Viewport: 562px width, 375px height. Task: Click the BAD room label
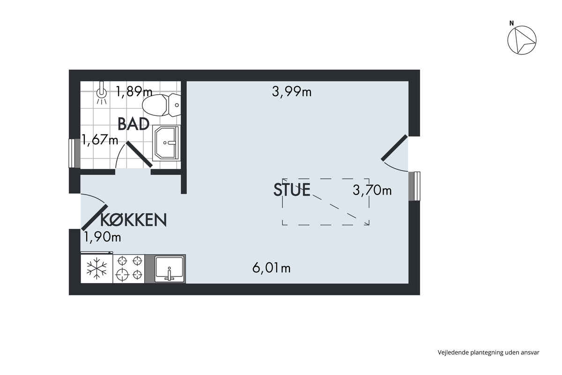point(133,124)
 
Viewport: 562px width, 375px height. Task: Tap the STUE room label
point(292,190)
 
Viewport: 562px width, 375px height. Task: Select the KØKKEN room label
point(133,220)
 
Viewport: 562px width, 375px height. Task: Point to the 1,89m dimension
point(134,91)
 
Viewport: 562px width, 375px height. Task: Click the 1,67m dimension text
point(100,140)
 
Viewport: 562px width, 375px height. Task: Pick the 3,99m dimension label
point(291,92)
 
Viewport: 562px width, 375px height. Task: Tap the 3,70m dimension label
point(372,190)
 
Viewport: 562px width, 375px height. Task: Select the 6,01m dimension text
point(272,268)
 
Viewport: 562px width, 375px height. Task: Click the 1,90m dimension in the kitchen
point(102,237)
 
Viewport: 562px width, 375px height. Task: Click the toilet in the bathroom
point(161,105)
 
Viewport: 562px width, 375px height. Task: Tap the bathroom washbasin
point(166,143)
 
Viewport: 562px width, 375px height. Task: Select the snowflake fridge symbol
point(96,269)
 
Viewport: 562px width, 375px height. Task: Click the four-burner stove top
point(129,269)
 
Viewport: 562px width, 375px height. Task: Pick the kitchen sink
point(170,269)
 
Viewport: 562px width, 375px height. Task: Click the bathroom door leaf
point(139,154)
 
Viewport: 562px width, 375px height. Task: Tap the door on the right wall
point(394,148)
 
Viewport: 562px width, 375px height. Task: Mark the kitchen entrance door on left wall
point(95,217)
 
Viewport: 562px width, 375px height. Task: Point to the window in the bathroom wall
point(74,153)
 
